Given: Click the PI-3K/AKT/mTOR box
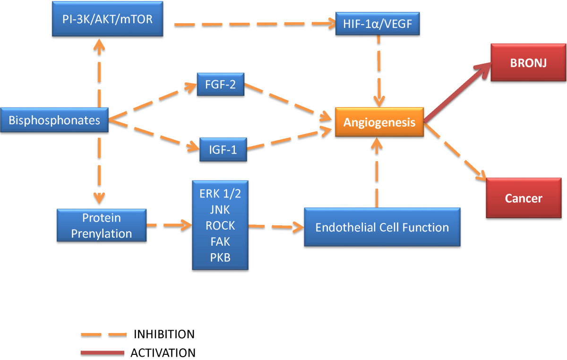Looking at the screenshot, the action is (x=108, y=19).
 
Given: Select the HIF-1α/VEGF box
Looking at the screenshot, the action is (x=378, y=24).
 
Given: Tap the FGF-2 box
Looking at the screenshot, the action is (x=221, y=84).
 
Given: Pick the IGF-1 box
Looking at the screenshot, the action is (x=223, y=149).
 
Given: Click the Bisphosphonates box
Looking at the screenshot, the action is (x=54, y=120).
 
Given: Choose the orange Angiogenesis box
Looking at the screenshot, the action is (x=379, y=122).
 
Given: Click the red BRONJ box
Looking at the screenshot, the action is (x=528, y=62).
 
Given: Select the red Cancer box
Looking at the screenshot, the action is (x=524, y=198).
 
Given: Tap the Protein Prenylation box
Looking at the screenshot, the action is (x=102, y=225).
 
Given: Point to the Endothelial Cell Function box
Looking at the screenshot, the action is (x=382, y=227).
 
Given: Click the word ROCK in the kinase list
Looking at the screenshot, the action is (x=220, y=225).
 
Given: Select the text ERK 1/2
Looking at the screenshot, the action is (x=220, y=194).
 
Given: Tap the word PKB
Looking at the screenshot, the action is (x=220, y=257).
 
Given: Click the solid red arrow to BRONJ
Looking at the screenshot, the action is (x=457, y=93).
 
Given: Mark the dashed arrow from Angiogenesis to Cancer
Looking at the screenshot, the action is (x=455, y=152).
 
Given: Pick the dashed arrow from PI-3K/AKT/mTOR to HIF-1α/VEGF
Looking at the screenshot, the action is (x=255, y=24).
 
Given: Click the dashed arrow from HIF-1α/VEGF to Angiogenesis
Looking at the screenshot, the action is (x=379, y=71).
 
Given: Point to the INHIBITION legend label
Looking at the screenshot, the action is (x=164, y=334).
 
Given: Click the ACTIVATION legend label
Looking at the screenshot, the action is (x=163, y=352).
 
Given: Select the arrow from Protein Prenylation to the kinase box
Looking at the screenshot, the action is (x=169, y=225).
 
